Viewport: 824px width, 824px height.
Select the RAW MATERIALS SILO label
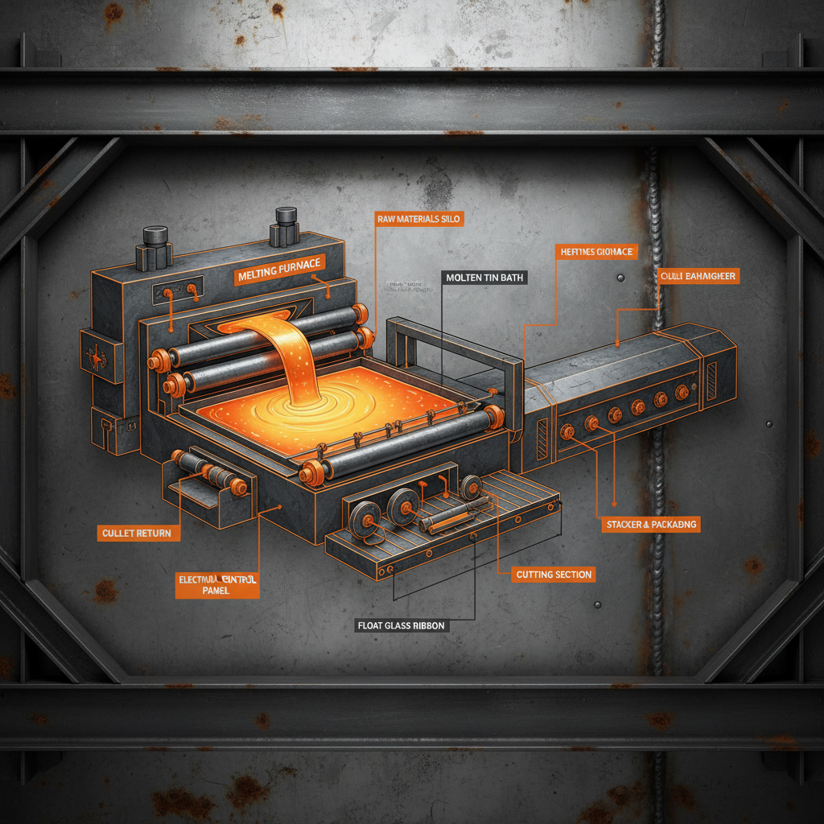(x=419, y=218)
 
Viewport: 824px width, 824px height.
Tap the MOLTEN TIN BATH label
(x=484, y=278)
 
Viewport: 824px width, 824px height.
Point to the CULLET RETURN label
(x=136, y=533)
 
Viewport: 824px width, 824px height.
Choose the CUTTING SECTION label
(x=554, y=574)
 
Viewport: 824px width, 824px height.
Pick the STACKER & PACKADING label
(x=651, y=525)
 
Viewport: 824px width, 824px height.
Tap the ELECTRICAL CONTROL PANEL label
(x=218, y=585)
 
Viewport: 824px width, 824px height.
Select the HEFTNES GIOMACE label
(x=596, y=252)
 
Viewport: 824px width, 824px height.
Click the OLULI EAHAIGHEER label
(x=698, y=276)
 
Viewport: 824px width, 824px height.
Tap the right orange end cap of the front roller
(x=493, y=416)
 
